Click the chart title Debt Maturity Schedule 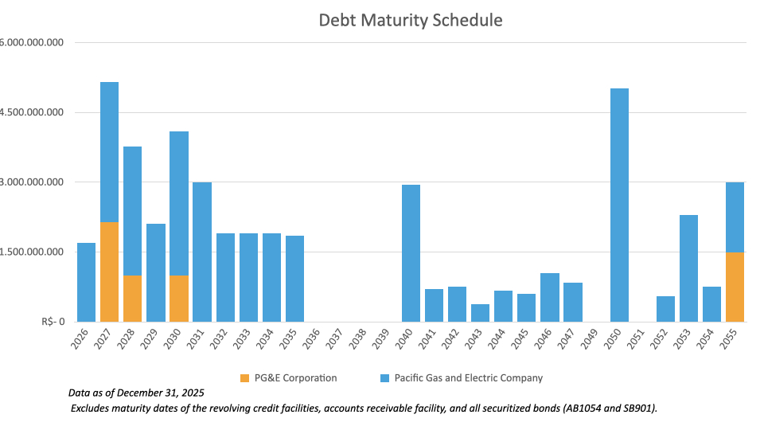pyautogui.click(x=411, y=20)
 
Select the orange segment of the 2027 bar pyautogui.click(x=109, y=272)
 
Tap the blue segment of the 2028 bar pyautogui.click(x=132, y=211)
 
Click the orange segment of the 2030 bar pyautogui.click(x=179, y=299)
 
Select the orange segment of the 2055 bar pyautogui.click(x=735, y=287)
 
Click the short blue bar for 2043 pyautogui.click(x=480, y=313)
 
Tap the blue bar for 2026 pyautogui.click(x=86, y=282)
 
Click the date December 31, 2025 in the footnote pyautogui.click(x=165, y=393)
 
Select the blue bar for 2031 pyautogui.click(x=202, y=252)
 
